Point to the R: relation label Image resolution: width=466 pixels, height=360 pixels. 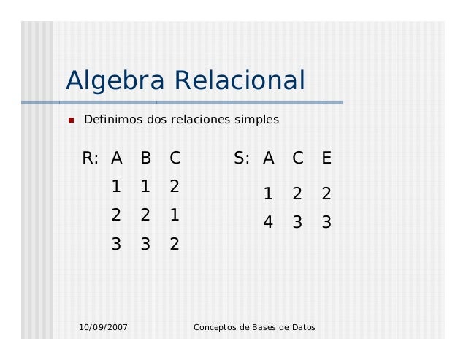[91, 158]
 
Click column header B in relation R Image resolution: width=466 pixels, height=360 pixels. [145, 158]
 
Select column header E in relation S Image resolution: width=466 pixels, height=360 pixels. [326, 158]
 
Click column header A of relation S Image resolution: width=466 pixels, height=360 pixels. [269, 158]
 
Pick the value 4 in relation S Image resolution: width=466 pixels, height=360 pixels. [268, 223]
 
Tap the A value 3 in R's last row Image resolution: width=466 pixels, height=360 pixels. [116, 245]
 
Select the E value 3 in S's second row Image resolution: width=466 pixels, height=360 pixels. [326, 223]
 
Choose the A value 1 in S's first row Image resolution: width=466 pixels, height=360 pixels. [268, 194]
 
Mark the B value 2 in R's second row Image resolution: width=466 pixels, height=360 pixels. [145, 215]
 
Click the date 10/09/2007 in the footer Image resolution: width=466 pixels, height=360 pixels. [103, 327]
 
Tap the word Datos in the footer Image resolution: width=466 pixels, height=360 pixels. [302, 327]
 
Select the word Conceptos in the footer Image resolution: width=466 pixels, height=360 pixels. [215, 327]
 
